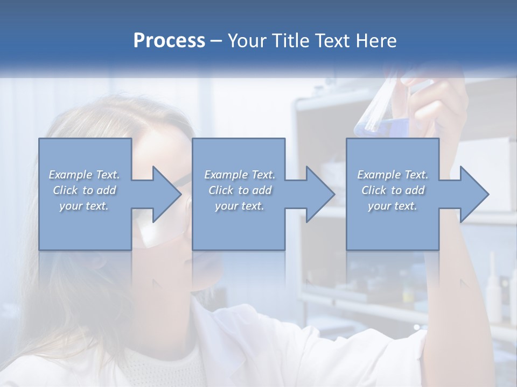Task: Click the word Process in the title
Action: click(x=169, y=41)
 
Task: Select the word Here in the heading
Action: click(x=376, y=41)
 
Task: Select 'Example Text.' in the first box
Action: click(x=84, y=175)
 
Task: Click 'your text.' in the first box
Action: click(x=84, y=206)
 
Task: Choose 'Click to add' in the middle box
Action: click(x=240, y=190)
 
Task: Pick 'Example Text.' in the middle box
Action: click(x=240, y=175)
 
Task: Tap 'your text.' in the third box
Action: click(x=393, y=206)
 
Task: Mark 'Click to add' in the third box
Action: click(x=393, y=190)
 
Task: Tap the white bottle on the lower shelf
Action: click(x=492, y=290)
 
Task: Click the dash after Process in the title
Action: click(x=215, y=41)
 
